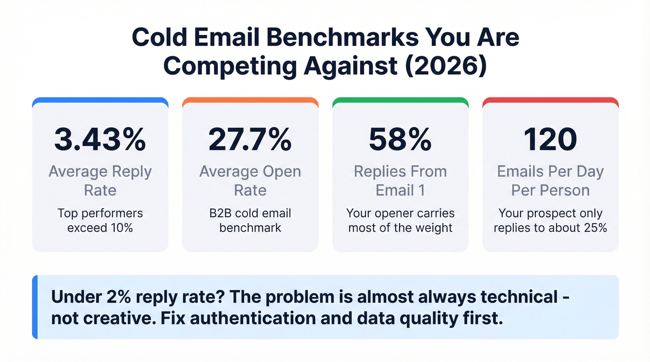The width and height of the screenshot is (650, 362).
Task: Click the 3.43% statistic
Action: [100, 139]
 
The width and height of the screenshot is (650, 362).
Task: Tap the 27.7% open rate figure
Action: [250, 139]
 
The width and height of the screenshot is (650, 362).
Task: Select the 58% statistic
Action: [400, 139]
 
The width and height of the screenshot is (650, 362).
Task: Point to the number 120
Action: [550, 139]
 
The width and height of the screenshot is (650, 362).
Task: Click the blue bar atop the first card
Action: [100, 100]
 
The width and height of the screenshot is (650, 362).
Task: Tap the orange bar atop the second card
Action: [250, 100]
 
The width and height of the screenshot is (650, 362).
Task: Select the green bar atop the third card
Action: [400, 100]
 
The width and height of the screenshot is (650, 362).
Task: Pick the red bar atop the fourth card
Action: [550, 100]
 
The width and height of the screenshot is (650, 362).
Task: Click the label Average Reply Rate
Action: [100, 181]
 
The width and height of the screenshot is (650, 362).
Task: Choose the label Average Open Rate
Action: [250, 181]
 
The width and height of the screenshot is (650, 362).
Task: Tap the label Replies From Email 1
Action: [400, 181]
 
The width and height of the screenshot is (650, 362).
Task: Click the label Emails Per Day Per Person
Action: [550, 181]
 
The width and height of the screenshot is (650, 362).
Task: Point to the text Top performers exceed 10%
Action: [100, 221]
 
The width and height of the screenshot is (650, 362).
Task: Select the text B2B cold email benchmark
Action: [250, 221]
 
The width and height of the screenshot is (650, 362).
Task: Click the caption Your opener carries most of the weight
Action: [400, 221]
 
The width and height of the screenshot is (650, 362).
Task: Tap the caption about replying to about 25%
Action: [550, 221]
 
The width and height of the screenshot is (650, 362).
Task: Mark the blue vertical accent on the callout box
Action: [35, 307]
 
